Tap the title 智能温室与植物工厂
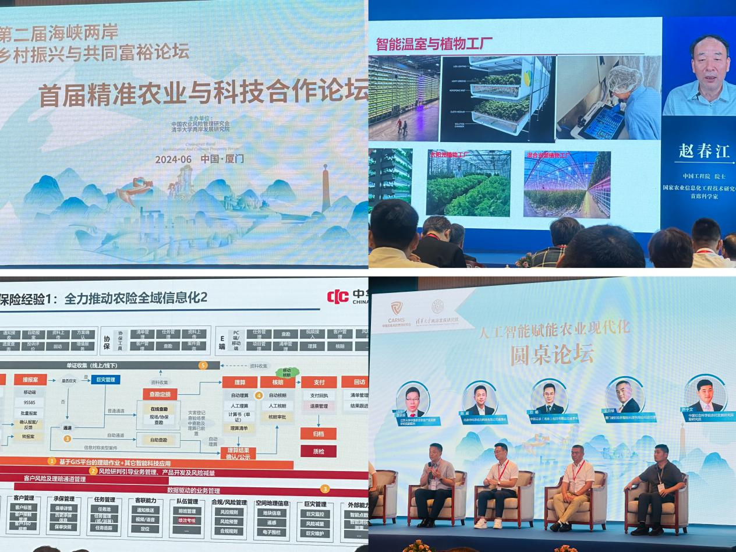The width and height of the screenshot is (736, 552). (434, 44)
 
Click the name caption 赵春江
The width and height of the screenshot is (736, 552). (703, 151)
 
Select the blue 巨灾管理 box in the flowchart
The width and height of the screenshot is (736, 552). (105, 379)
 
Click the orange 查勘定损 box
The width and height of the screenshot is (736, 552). (160, 394)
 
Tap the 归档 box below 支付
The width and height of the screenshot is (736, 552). (318, 433)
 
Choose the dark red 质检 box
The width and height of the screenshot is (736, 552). (318, 451)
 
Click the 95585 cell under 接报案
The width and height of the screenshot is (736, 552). (30, 402)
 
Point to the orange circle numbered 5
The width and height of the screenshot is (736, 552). (203, 366)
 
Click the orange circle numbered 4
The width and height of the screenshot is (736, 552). (259, 395)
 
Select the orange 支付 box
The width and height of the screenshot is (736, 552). (319, 382)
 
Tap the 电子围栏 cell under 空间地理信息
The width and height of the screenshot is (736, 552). (272, 532)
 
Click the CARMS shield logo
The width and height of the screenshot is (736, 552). (397, 308)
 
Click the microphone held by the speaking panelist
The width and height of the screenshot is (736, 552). (431, 468)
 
